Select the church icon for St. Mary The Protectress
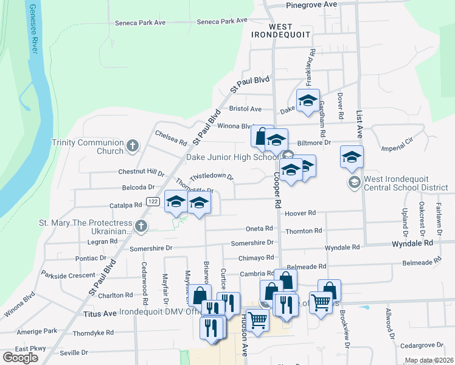141,227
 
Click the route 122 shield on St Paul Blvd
152,201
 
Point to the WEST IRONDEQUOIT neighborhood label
280,31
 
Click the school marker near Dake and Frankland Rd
308,101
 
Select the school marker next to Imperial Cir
352,158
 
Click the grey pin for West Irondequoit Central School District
354,182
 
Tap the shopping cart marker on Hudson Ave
258,318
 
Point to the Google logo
20,358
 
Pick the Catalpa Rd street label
125,205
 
